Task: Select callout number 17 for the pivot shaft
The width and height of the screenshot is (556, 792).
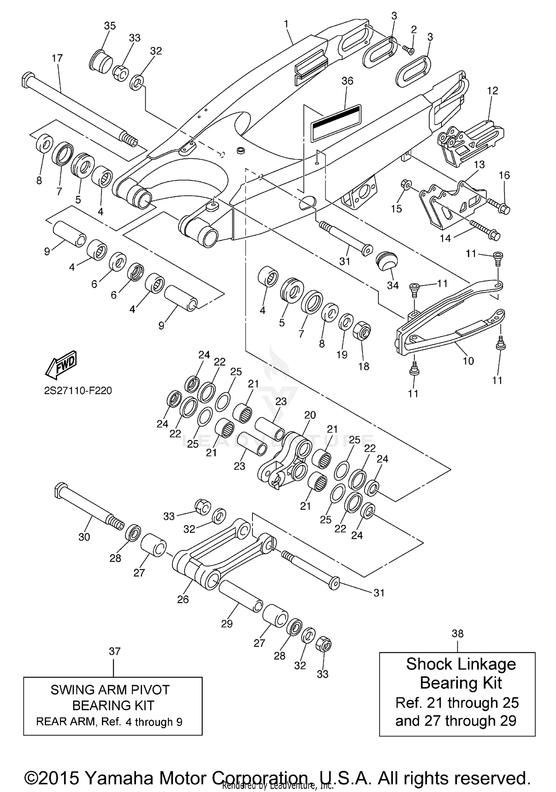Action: pyautogui.click(x=57, y=58)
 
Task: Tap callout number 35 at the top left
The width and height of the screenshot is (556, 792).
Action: pyautogui.click(x=110, y=26)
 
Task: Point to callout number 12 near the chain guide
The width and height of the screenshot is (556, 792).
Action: pyautogui.click(x=493, y=91)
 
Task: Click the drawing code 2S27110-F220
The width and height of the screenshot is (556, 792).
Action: pyautogui.click(x=78, y=391)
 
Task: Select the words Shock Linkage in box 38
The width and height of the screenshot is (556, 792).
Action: pyautogui.click(x=461, y=664)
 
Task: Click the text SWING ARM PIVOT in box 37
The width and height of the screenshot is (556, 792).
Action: pyautogui.click(x=110, y=690)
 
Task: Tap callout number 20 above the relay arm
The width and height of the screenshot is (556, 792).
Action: pyautogui.click(x=310, y=415)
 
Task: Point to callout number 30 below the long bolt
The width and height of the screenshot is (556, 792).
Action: pyautogui.click(x=84, y=537)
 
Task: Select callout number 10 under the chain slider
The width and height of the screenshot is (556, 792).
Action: pyautogui.click(x=468, y=361)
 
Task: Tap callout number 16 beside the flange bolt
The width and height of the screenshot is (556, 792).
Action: pyautogui.click(x=504, y=175)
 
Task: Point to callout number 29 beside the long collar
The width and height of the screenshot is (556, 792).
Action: pyautogui.click(x=226, y=624)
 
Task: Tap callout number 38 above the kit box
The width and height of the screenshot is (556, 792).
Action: pyautogui.click(x=457, y=634)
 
